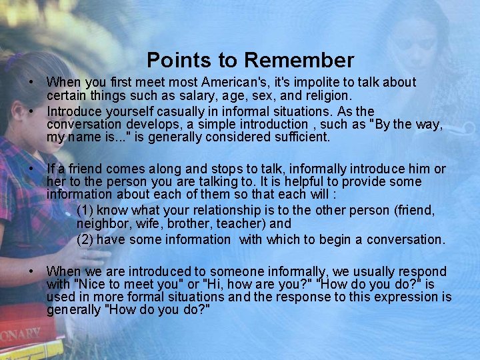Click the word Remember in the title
tap(299, 61)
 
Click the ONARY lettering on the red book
tap(20, 335)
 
